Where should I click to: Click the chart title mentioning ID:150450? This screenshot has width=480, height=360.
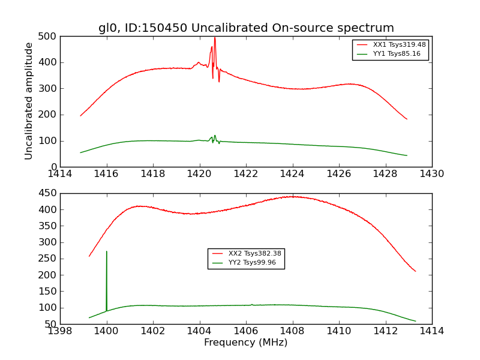point(246,28)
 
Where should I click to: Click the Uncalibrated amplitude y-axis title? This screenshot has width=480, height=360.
point(29,101)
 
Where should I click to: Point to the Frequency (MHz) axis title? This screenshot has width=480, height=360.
point(246,343)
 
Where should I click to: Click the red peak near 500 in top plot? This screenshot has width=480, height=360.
point(215,38)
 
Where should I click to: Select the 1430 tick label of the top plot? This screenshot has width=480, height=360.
point(431,174)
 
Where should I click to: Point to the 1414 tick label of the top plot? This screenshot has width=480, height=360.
point(61,174)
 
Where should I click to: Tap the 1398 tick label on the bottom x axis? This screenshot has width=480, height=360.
point(61,331)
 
